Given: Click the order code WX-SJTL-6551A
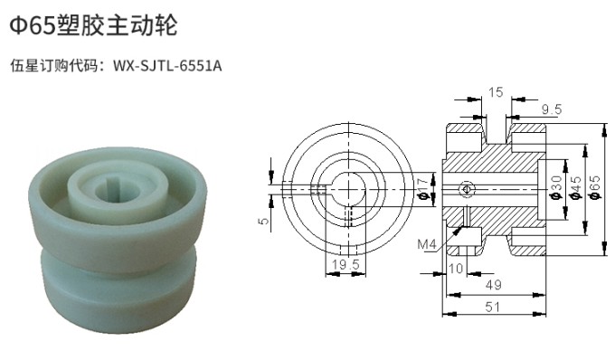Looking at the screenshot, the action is pos(167,65).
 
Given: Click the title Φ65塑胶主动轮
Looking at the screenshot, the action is pos(93,25).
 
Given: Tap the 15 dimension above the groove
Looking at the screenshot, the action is pos(496,92).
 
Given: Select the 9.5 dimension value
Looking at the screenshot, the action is pos(552,109).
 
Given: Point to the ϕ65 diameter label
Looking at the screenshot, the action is pos(595,187).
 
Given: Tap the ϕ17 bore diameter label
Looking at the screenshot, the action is pos(421,188).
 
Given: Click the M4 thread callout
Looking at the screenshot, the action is pos(427,245).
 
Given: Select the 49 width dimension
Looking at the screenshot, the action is pos(494,285).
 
